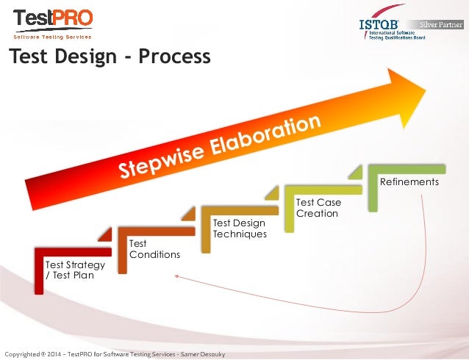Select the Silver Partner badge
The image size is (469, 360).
pos(442,24)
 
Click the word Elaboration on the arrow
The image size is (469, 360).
pos(268,132)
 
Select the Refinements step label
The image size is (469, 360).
pos(409,181)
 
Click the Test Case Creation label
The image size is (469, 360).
pos(318,207)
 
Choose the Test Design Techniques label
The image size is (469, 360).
pos(239,228)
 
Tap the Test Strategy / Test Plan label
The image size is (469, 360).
pos(74,270)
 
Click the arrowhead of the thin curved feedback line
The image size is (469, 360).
pos(176,276)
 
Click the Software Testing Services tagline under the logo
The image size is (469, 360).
pos(52,37)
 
